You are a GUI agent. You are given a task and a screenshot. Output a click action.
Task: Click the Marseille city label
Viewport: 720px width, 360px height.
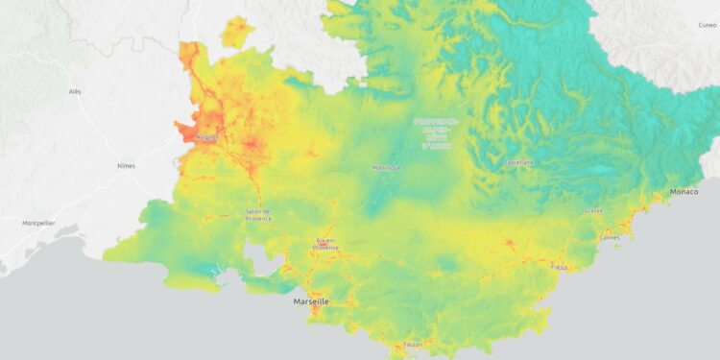(310, 301)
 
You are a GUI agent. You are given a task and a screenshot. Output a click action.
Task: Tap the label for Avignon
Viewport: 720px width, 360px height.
(206, 137)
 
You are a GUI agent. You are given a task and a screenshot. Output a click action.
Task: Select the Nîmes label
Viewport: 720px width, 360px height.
(126, 165)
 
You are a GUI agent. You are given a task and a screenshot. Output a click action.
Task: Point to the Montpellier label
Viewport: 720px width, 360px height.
(38, 223)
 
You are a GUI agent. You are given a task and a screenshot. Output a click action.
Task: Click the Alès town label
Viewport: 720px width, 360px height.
(75, 91)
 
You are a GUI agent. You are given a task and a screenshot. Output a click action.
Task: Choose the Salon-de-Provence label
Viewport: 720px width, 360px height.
(258, 214)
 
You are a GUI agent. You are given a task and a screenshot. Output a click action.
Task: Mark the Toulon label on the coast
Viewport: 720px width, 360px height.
(412, 343)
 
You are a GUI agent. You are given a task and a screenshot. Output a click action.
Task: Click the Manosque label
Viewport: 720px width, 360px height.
(386, 167)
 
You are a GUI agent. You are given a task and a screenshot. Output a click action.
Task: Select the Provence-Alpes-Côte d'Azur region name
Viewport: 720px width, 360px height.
(436, 132)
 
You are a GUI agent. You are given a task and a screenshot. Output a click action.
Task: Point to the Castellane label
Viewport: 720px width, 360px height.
(519, 162)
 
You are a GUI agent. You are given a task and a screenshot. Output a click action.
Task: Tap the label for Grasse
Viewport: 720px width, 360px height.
(594, 210)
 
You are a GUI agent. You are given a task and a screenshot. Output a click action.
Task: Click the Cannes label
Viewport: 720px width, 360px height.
(609, 236)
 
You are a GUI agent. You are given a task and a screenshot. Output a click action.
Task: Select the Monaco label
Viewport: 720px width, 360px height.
(684, 192)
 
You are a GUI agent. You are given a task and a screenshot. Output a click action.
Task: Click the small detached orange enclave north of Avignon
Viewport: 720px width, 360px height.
(234, 32)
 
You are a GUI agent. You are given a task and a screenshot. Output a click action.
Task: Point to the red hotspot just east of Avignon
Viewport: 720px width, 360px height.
(252, 145)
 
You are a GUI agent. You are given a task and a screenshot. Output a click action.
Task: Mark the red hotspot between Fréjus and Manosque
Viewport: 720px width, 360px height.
(507, 243)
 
